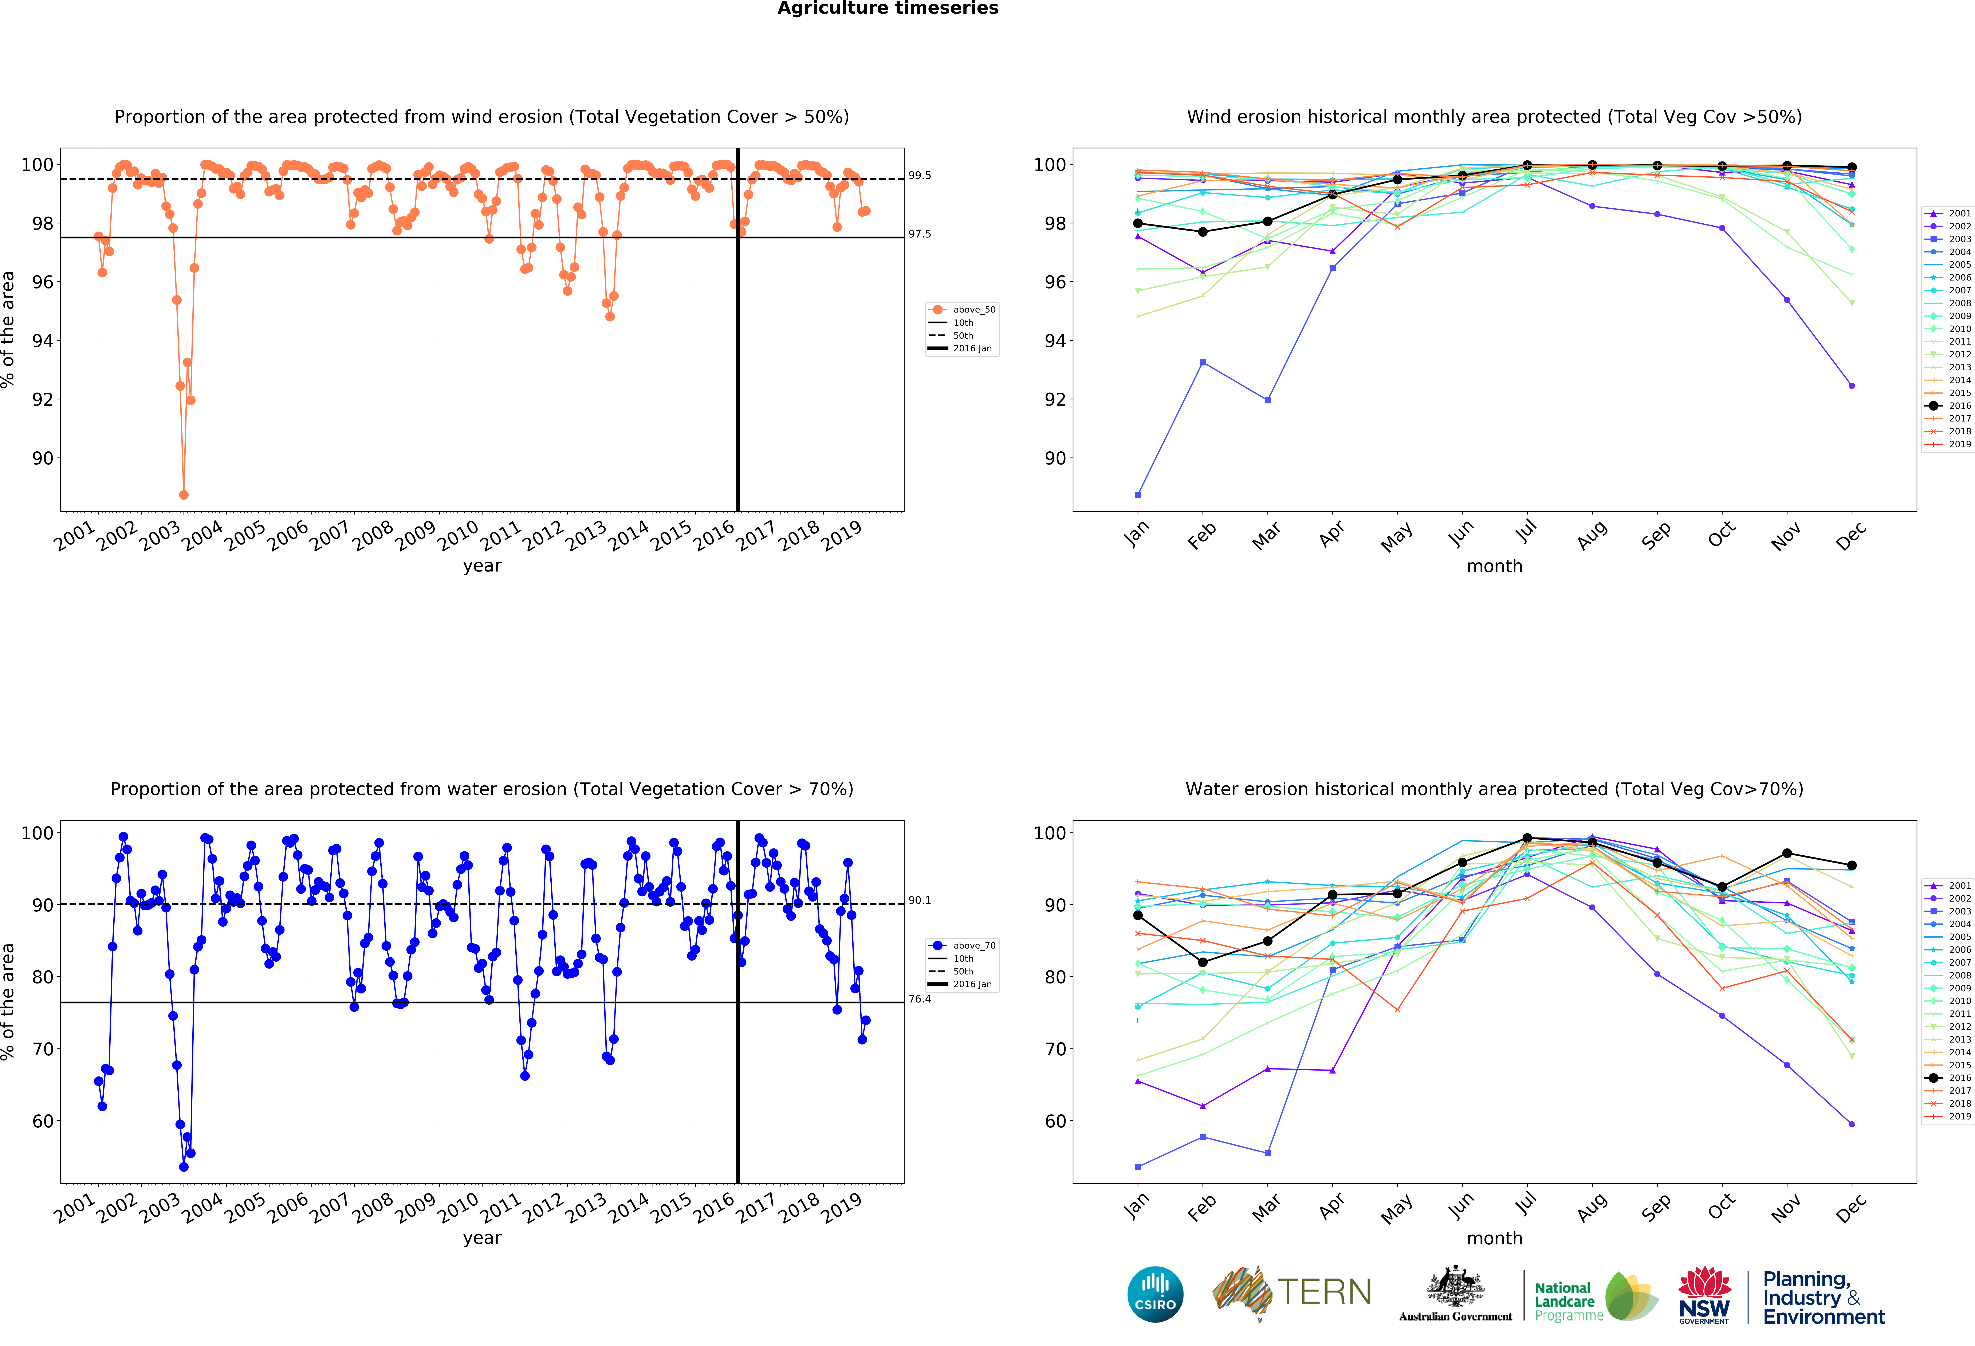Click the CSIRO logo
point(1155,1294)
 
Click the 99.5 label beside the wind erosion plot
point(920,176)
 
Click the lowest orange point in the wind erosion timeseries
point(184,495)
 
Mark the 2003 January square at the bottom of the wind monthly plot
point(1138,495)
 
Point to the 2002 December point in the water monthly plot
point(1852,1124)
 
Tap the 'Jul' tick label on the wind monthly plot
point(1526,532)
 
